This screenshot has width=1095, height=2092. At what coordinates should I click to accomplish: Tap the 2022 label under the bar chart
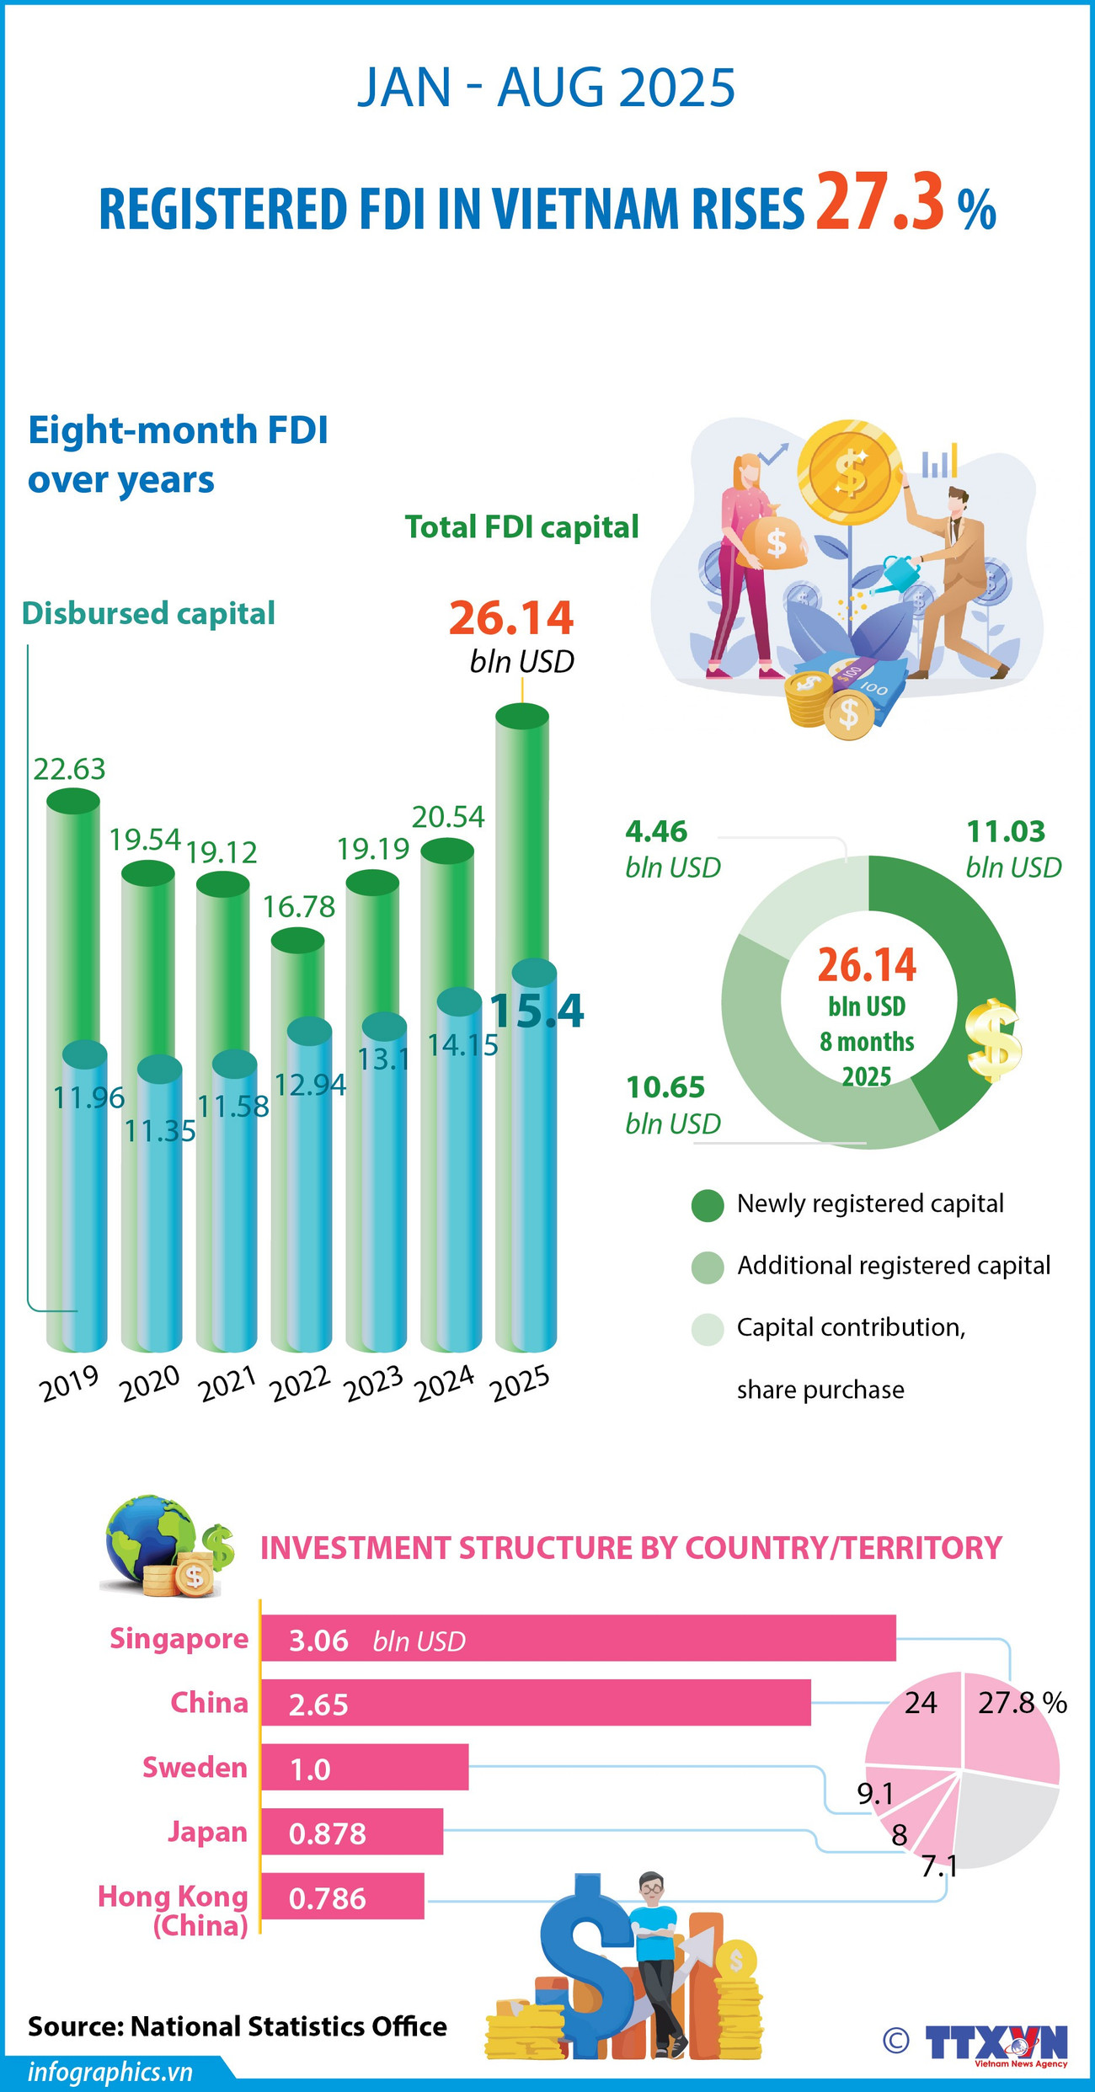pos(302,1383)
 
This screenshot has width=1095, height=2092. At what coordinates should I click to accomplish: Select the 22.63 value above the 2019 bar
pos(70,769)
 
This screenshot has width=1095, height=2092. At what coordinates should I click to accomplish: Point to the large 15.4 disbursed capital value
pos(537,1010)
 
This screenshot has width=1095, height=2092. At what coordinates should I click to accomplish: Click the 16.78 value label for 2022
pos(299,907)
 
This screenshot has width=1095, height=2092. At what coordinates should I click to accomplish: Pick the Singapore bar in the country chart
pos(578,1639)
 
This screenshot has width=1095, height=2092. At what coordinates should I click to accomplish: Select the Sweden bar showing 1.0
pos(364,1767)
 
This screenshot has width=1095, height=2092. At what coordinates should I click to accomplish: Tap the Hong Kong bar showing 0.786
pos(342,1897)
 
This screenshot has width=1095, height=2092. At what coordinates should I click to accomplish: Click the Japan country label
pos(207,1832)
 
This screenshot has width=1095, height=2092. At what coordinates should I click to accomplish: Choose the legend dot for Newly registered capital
pos(708,1205)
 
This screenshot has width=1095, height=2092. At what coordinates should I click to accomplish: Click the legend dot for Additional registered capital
pos(708,1267)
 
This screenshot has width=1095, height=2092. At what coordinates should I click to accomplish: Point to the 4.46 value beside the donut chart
pos(656,832)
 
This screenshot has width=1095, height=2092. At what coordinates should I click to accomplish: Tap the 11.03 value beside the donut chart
pos(1006,832)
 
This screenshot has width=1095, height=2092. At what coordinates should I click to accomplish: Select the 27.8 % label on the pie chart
pos(1022,1703)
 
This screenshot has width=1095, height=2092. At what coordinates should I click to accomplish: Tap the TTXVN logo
pos(996,2043)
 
